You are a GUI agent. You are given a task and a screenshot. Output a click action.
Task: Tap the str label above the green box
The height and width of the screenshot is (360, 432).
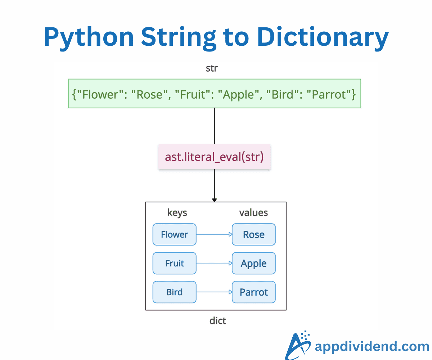click(x=211, y=68)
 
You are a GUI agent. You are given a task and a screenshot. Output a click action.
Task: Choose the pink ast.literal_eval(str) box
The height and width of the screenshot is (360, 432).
click(x=214, y=157)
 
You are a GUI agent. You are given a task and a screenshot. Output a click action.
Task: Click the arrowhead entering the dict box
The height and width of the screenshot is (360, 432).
click(x=215, y=200)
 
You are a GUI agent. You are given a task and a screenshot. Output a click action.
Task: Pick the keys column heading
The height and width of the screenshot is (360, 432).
click(x=177, y=213)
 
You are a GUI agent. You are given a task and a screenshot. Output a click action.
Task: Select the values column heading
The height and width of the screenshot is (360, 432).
click(x=253, y=213)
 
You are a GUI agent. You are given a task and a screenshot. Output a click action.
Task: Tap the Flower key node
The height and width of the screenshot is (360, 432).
click(x=175, y=234)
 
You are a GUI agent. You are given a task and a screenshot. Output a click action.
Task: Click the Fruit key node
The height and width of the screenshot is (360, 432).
click(x=175, y=263)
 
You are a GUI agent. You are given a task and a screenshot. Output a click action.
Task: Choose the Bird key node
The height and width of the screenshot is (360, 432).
click(x=175, y=292)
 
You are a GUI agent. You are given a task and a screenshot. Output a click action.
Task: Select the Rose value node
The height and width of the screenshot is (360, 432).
click(x=254, y=234)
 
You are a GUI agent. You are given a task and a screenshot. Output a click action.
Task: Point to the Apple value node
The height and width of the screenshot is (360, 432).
click(x=254, y=263)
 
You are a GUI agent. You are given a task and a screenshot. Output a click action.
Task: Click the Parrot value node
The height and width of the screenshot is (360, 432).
click(x=254, y=292)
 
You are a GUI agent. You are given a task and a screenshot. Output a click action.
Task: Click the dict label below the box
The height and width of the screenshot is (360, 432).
click(x=217, y=320)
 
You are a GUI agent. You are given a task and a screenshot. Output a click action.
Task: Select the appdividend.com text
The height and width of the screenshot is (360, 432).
click(x=372, y=346)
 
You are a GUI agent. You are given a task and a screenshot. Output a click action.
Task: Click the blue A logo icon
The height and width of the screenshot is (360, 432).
click(x=298, y=345)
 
